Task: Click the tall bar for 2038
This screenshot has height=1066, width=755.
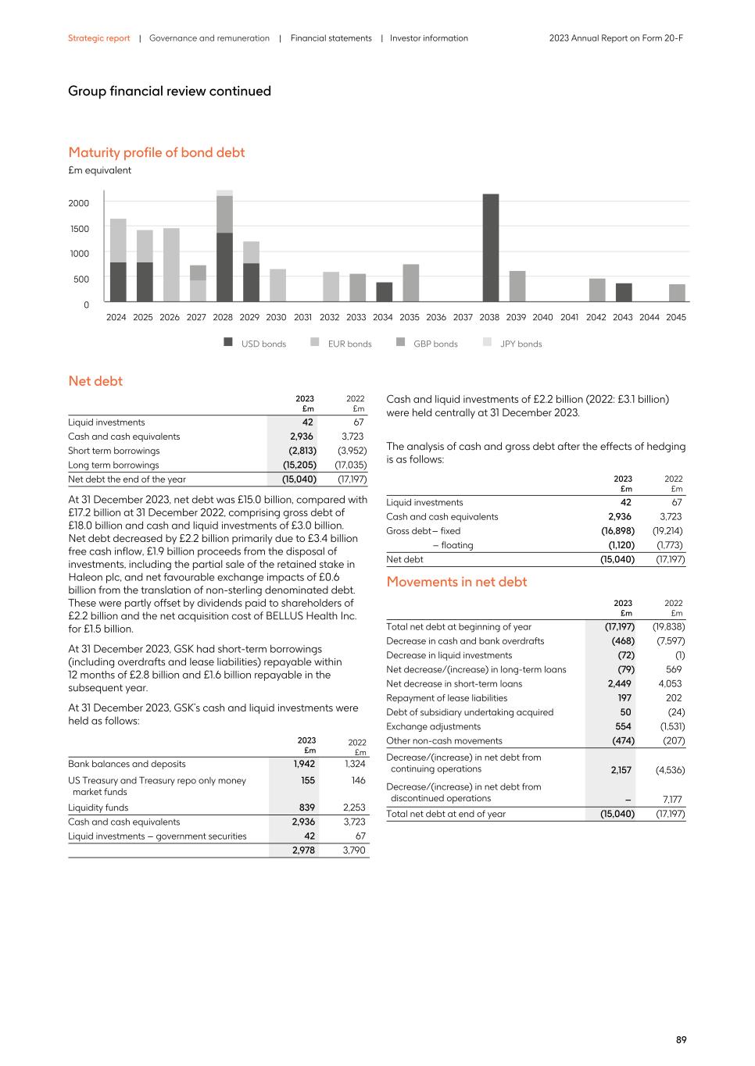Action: [x=490, y=248]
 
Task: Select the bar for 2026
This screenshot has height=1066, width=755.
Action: [x=171, y=265]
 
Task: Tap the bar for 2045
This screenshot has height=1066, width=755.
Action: [x=677, y=293]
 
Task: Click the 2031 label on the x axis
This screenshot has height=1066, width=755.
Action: [x=302, y=318]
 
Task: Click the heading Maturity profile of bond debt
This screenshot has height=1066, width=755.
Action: [x=156, y=152]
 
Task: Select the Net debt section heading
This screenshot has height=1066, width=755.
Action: [x=95, y=381]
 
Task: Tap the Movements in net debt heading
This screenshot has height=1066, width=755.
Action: [x=456, y=582]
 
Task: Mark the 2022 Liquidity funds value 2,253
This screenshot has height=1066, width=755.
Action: [x=354, y=808]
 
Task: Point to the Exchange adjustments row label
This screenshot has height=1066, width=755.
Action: [x=433, y=726]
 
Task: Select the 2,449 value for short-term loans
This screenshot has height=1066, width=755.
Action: [x=619, y=683]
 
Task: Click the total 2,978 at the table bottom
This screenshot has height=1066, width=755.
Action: [x=303, y=850]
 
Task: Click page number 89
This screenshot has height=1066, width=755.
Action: [x=681, y=1039]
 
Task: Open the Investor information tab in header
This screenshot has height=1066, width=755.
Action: [x=428, y=38]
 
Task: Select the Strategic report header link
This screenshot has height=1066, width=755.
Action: [x=99, y=38]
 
